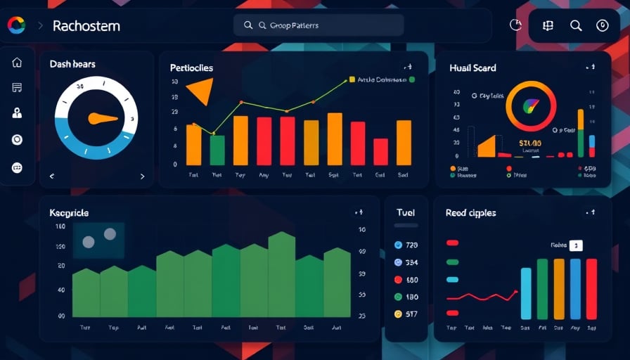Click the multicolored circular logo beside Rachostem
click(x=15, y=25)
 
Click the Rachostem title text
click(x=86, y=26)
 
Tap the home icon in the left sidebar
click(x=17, y=63)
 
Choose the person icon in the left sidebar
click(x=17, y=112)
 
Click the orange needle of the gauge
click(x=102, y=118)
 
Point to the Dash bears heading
click(x=72, y=64)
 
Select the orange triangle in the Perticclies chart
click(x=200, y=91)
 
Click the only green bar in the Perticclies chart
click(x=217, y=150)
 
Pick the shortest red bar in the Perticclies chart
click(x=380, y=151)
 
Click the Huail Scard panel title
click(x=472, y=68)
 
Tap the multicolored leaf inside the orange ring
click(x=531, y=106)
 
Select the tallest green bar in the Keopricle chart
click(x=281, y=274)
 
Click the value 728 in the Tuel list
click(x=411, y=245)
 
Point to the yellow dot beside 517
click(x=398, y=314)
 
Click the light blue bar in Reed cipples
click(x=525, y=293)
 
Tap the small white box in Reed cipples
click(x=576, y=245)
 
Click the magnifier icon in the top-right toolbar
click(x=576, y=26)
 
